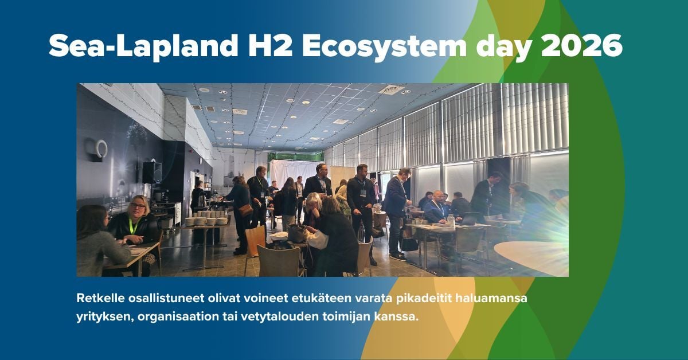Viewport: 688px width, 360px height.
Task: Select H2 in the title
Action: click(x=270, y=45)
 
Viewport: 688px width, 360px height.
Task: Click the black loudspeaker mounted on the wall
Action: click(x=152, y=172)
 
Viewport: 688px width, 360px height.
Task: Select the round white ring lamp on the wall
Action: click(x=101, y=149)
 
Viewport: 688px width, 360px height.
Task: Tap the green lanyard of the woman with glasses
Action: click(x=132, y=226)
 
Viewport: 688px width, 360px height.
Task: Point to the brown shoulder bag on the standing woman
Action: click(x=246, y=210)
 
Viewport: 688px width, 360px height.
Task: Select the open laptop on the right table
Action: click(x=469, y=218)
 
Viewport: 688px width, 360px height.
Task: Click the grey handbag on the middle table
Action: click(x=296, y=233)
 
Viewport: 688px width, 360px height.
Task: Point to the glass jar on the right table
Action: click(x=451, y=220)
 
